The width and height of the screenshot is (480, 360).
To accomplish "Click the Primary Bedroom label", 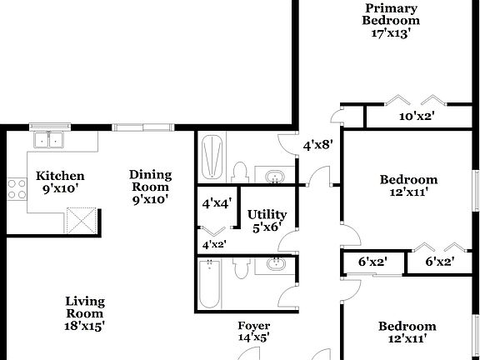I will point(391,14).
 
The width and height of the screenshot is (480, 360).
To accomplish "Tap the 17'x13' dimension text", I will point(391,33).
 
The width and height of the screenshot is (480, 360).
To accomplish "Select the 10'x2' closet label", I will point(417,116).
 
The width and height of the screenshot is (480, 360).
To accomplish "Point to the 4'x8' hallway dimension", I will point(317,144).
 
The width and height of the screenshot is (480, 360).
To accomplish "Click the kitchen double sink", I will point(49,139).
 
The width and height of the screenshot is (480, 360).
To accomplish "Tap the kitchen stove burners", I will point(16,188).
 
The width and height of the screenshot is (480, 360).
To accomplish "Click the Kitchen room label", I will point(60,176).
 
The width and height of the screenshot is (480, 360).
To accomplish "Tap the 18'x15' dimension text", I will point(86,327).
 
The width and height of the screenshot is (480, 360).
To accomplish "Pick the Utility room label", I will point(267,214).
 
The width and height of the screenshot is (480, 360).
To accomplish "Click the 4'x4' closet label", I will point(217,202).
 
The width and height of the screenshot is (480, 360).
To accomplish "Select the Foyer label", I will point(254,325).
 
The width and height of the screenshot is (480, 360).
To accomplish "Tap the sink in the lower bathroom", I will point(274,265).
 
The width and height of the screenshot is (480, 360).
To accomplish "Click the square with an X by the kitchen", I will point(82,222).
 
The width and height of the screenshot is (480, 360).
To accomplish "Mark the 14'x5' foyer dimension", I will point(254,337).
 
